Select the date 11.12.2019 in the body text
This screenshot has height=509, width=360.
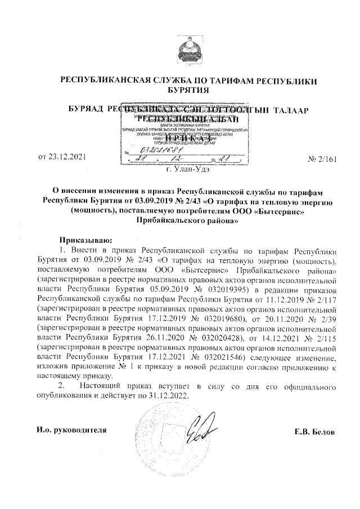click(x=265, y=299)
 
